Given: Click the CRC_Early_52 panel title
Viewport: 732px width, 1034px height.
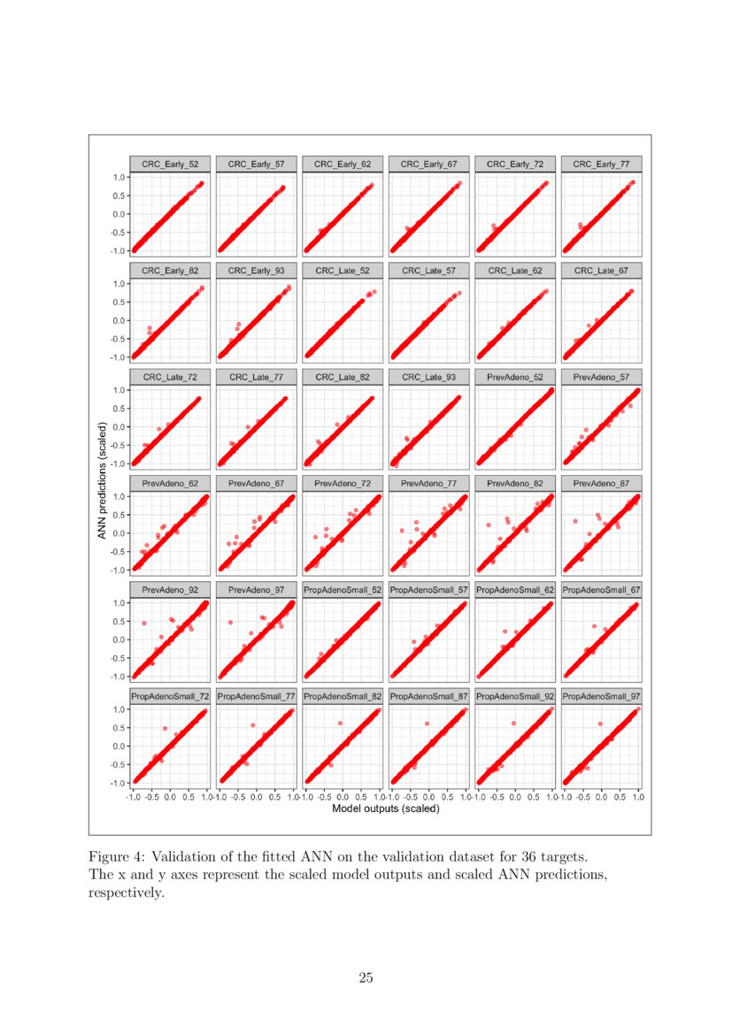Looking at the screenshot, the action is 169,164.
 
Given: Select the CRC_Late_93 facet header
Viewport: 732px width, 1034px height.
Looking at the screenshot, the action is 428,377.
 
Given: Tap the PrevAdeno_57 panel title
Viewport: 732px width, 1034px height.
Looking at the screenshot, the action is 601,377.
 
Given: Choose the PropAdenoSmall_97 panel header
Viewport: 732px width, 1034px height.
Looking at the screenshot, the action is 601,696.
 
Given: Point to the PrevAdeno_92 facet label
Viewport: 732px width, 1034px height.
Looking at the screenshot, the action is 169,589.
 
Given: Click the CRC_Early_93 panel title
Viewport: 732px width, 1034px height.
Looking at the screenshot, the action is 256,270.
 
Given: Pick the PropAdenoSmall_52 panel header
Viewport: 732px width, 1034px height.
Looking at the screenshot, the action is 342,589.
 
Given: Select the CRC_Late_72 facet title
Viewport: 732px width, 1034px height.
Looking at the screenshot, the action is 169,377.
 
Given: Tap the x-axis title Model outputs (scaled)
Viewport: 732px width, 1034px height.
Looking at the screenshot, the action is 385,808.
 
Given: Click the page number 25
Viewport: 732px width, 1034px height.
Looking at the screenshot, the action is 366,977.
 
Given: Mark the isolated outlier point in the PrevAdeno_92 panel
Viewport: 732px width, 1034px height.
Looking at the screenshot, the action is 143,623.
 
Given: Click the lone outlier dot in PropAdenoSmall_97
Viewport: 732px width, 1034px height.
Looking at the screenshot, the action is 601,724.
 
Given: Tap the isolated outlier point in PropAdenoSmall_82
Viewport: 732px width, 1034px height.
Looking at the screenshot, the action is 341,724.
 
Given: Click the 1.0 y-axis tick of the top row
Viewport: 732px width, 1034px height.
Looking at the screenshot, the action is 118,177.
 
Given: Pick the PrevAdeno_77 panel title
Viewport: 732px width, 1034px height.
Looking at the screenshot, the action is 428,483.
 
